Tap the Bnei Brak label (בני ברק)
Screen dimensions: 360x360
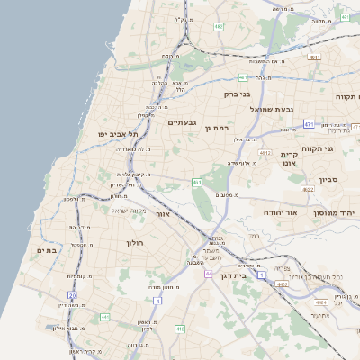[x=238, y=93]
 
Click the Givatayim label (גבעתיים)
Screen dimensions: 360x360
[x=183, y=121]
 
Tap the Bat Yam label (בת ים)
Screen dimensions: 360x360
[x=46, y=250]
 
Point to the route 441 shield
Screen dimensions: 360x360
[x=105, y=317]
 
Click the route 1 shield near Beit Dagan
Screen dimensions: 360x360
[x=262, y=274]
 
